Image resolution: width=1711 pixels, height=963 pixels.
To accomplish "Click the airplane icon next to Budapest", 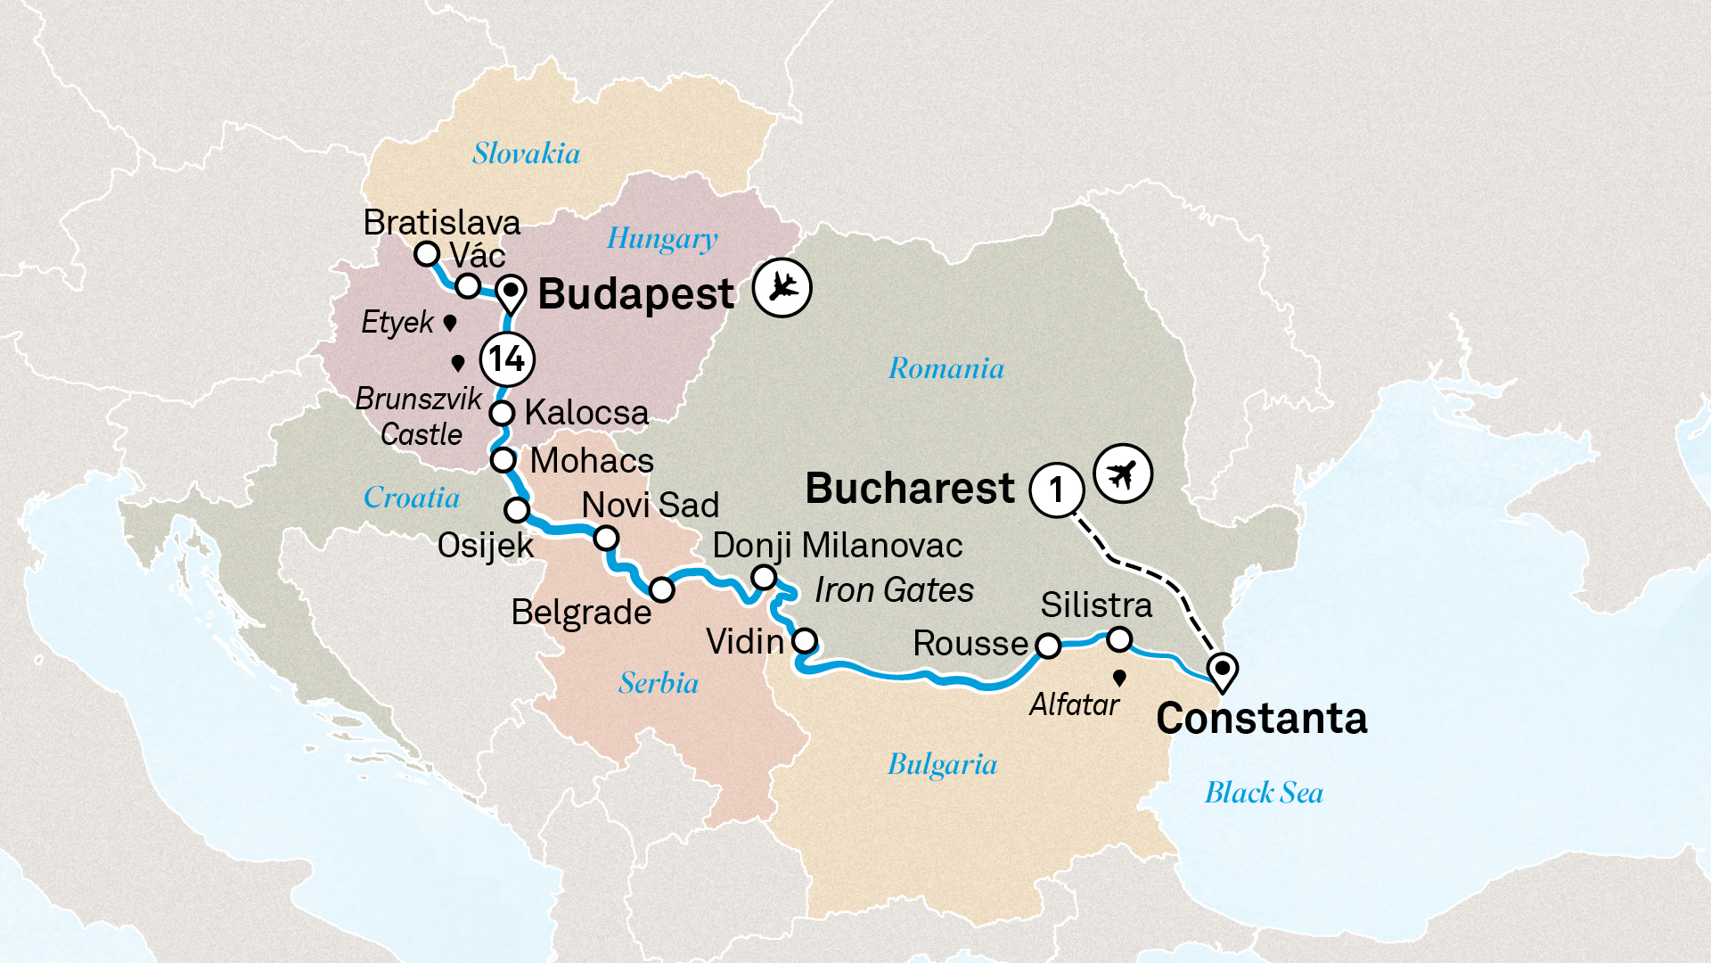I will coord(782,287).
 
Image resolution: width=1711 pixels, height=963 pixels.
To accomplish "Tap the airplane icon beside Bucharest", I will coord(1123,473).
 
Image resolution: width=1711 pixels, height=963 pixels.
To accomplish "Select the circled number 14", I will coord(507,359).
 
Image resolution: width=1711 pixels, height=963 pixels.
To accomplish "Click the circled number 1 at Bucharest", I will coord(1057,490).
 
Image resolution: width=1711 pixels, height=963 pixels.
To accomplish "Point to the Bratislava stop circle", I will coord(427,254).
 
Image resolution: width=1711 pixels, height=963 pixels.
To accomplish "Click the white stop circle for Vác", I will coord(468,285).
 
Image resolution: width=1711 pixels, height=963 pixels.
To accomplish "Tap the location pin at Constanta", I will coord(1223,671).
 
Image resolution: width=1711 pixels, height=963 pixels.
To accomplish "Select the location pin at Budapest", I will coord(511,294).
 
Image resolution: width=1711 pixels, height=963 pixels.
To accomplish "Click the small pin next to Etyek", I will coord(450,323).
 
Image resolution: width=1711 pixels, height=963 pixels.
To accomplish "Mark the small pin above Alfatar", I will coord(1119,679).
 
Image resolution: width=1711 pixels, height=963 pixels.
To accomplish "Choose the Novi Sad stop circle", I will coord(606,539).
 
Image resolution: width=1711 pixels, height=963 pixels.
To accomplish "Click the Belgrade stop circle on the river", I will coord(661,589).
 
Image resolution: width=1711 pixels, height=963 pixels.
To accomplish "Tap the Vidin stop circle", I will coord(805,640).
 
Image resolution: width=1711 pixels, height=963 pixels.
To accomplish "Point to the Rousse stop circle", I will coord(1048,646).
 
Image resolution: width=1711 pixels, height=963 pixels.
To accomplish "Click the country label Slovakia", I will coord(526,153).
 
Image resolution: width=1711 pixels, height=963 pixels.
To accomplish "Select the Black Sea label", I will coord(1264,793).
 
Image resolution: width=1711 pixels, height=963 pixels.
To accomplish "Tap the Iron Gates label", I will coord(894,590).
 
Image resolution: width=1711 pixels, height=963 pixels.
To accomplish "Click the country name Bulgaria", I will coord(942,764).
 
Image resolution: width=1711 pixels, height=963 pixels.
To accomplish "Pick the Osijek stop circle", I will coord(517,510).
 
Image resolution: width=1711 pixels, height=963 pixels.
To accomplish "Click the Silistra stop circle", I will coord(1119,639).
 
